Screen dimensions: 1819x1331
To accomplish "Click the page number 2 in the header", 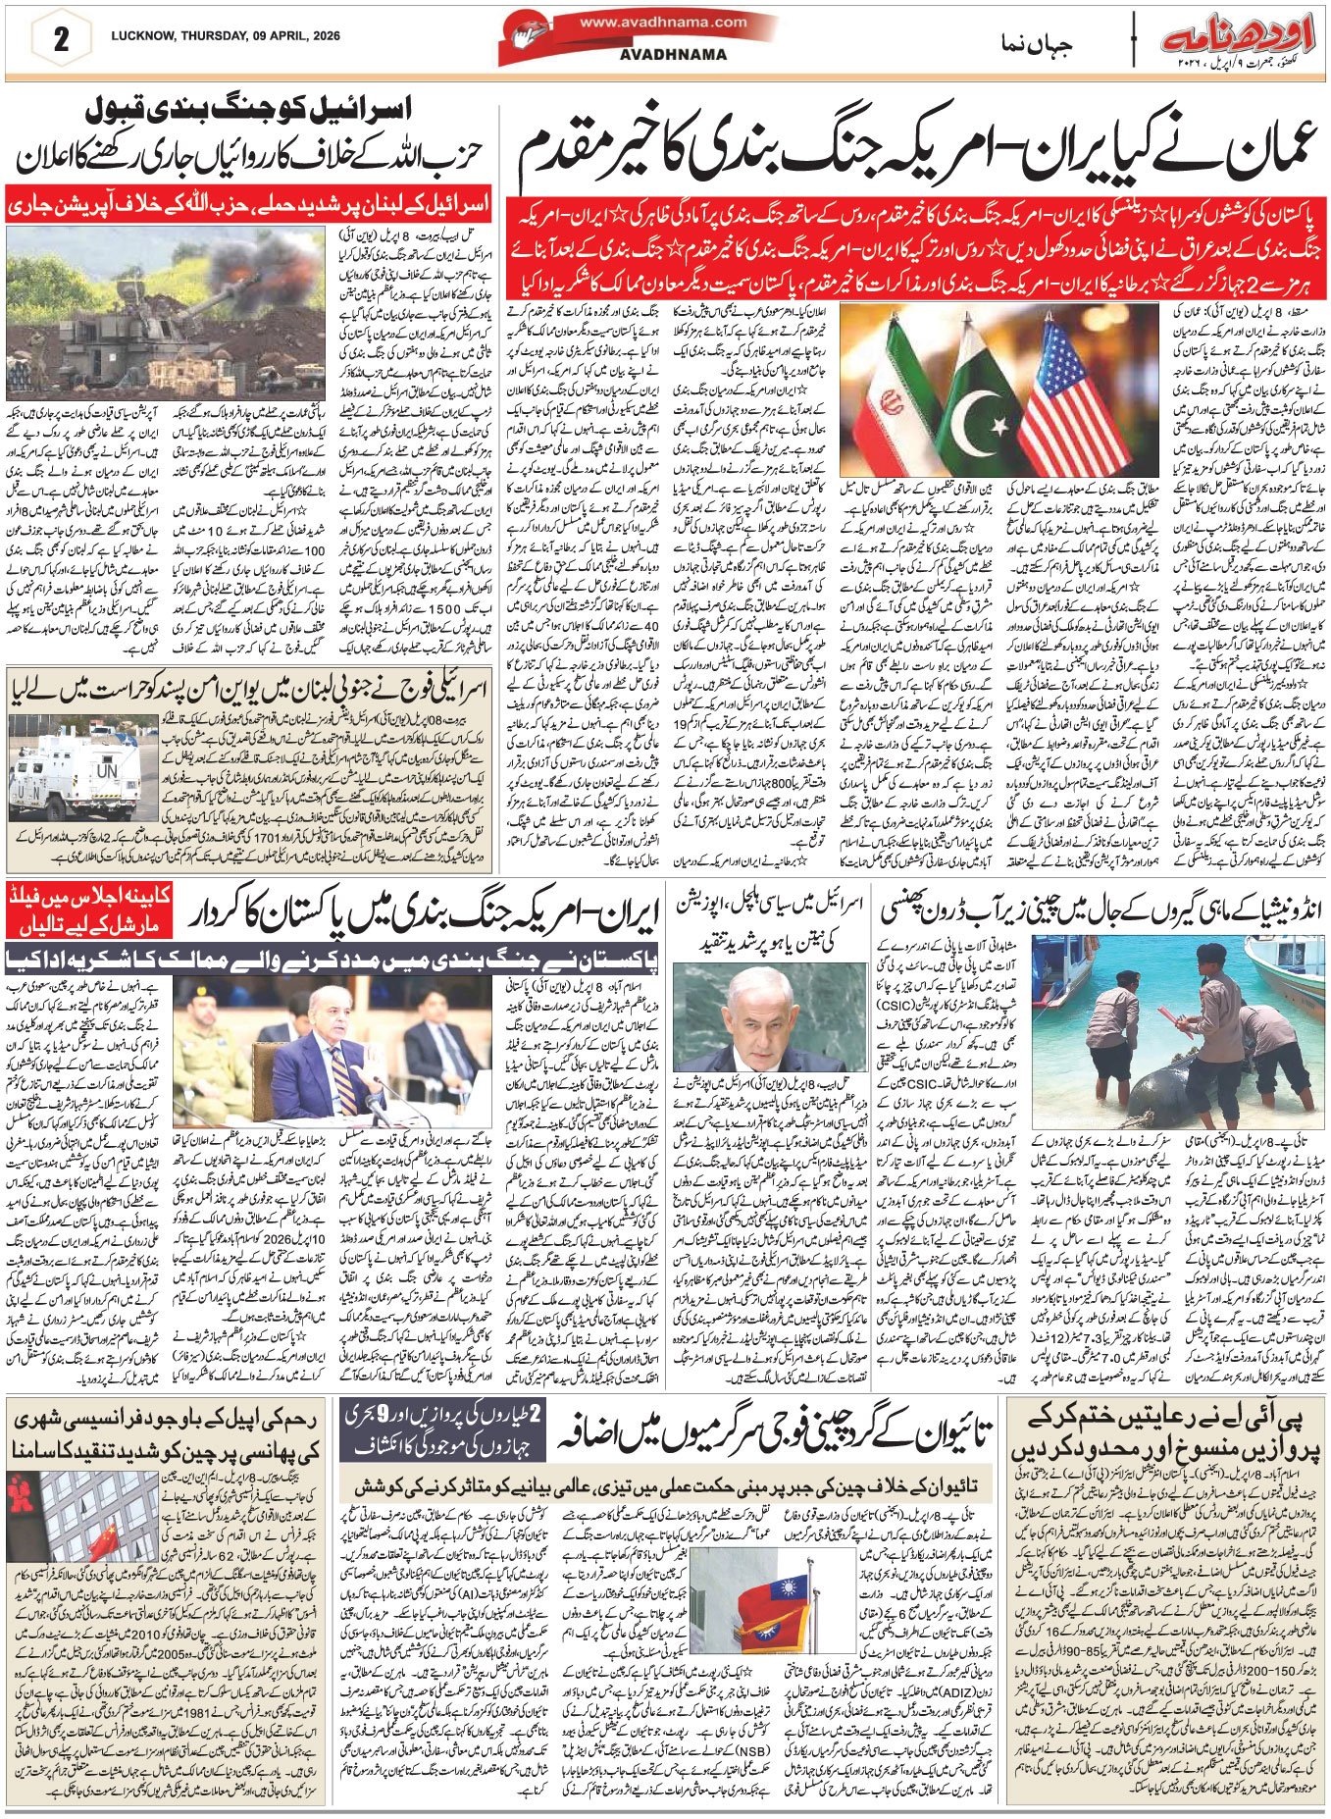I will (x=61, y=41).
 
